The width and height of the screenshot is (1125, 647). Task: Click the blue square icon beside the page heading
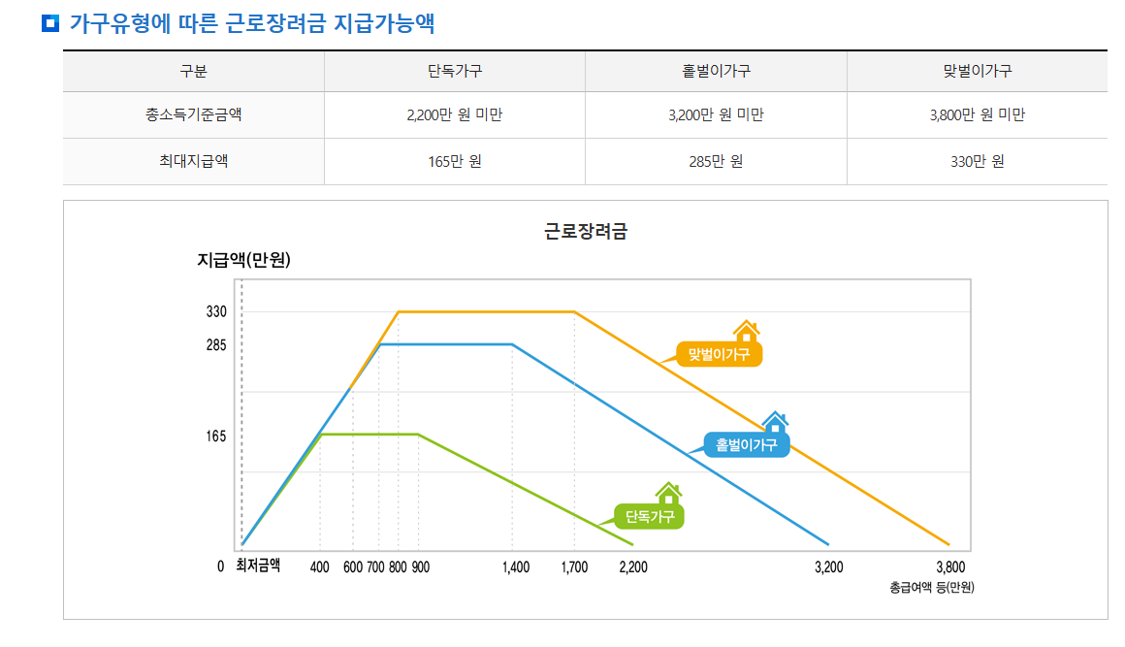coord(50,23)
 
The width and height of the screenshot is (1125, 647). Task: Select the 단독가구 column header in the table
coord(455,71)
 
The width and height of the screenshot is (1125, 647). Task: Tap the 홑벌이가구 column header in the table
coord(716,71)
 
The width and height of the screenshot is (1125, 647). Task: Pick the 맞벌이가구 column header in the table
coord(977,71)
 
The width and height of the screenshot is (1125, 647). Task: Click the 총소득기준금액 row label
coord(194,115)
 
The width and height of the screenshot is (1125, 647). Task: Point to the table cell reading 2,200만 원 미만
coord(455,115)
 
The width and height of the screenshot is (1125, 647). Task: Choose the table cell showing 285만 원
coord(716,161)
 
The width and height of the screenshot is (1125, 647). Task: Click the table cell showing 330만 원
coord(977,161)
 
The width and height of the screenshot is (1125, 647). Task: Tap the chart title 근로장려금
coord(586,232)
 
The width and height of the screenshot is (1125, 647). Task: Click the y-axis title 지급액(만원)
coord(243,260)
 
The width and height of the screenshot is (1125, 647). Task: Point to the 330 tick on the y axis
coord(216,312)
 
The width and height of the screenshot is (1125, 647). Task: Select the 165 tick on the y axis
coord(216,437)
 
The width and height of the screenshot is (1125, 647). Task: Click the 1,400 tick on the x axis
coord(516,567)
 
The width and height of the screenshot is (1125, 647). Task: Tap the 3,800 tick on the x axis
coord(950,567)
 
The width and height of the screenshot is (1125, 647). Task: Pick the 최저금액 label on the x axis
coord(258,566)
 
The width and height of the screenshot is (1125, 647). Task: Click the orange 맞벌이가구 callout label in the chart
coord(720,354)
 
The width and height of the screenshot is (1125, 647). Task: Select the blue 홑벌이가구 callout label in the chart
coord(747,445)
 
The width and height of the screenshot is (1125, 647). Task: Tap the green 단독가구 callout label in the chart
coord(650,516)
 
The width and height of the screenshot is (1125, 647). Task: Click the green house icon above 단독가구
coord(668,493)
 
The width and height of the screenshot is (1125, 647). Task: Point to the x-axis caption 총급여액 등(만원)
coord(931,587)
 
